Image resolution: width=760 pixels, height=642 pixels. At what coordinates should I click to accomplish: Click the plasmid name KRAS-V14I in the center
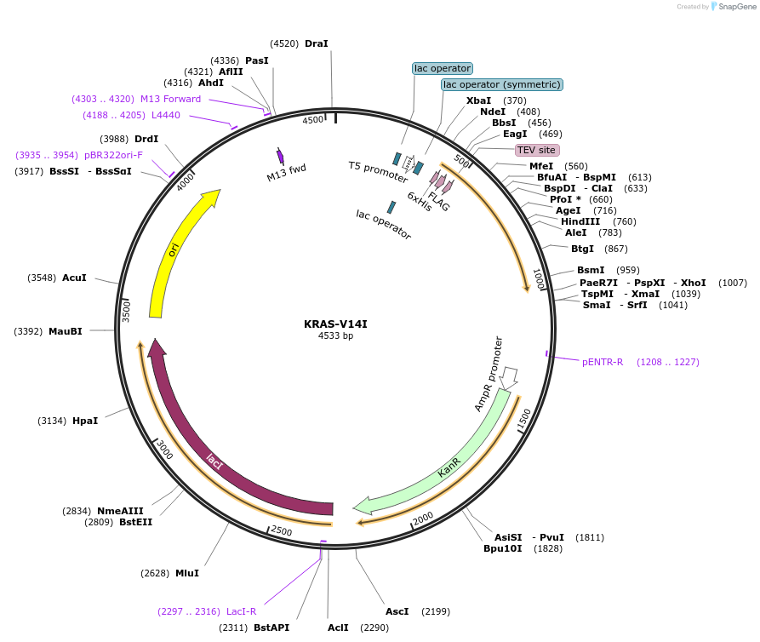(335, 324)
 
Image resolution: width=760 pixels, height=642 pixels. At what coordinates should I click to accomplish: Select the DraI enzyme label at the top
(316, 43)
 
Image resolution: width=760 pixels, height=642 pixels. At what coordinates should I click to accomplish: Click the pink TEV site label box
(536, 150)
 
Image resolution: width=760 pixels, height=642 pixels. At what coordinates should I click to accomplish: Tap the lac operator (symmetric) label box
(502, 84)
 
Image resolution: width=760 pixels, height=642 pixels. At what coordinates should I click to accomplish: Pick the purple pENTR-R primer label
(603, 362)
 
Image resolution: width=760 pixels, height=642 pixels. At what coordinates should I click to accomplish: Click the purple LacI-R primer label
(241, 611)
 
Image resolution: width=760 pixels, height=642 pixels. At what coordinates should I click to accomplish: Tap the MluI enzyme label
(186, 573)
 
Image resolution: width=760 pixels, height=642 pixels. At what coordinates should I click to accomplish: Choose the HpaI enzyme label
(84, 421)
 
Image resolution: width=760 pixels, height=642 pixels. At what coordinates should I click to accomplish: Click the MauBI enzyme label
(65, 331)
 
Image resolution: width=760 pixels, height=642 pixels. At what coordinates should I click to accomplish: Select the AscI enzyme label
(397, 611)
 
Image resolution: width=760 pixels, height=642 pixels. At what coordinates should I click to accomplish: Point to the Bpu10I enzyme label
(503, 548)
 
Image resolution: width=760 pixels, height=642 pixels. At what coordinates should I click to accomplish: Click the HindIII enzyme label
(580, 221)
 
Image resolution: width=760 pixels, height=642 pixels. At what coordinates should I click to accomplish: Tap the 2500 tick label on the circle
(280, 531)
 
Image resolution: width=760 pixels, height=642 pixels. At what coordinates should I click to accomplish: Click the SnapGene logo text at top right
(736, 6)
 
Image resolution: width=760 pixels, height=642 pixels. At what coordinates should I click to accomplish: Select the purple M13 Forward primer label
(170, 99)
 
